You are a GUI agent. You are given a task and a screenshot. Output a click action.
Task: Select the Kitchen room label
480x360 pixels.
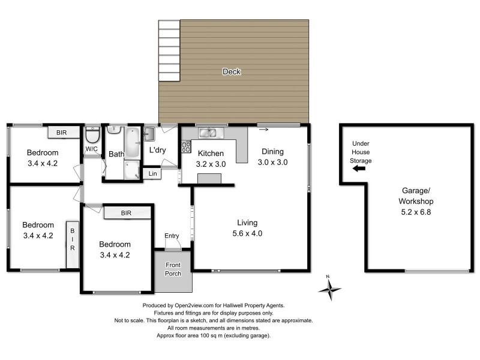click(211, 153)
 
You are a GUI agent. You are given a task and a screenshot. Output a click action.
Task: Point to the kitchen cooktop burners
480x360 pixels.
click(185, 146)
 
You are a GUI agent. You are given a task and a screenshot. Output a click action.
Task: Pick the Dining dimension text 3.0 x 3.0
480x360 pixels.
click(273, 162)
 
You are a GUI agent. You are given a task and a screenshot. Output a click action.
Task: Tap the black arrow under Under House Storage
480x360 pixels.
click(359, 169)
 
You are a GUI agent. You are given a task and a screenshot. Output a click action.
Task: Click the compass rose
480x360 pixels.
click(329, 289)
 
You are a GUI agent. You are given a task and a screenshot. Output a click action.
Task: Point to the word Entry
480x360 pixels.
click(172, 235)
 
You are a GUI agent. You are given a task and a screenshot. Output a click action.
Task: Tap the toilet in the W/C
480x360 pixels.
click(92, 135)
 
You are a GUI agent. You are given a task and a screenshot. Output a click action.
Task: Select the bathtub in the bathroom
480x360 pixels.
click(132, 142)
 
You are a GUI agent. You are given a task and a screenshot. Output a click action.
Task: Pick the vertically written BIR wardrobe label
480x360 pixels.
click(73, 239)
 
